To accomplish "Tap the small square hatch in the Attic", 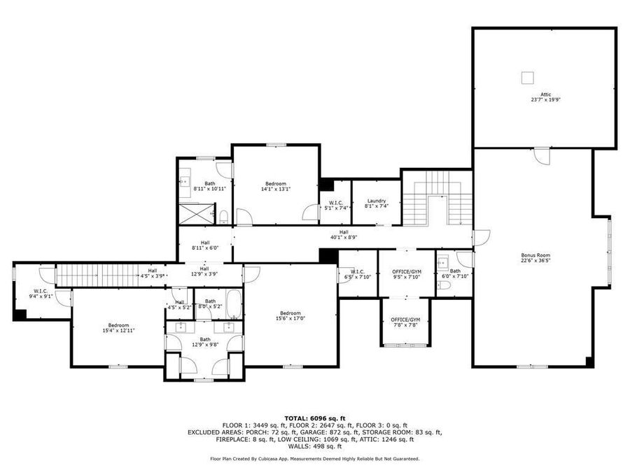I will [527, 77].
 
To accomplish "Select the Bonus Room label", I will [535, 258].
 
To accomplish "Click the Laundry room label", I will [377, 203].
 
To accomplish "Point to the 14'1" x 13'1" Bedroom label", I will [275, 186].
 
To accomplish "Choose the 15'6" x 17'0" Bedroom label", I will [290, 315].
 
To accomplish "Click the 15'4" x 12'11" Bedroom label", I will [118, 327].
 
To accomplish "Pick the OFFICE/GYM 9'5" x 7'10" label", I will [405, 273].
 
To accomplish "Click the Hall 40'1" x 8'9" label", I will [344, 234].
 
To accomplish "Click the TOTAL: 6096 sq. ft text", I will [314, 418].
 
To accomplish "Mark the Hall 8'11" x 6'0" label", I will [205, 245].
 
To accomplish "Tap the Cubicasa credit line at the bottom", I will [314, 459].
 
